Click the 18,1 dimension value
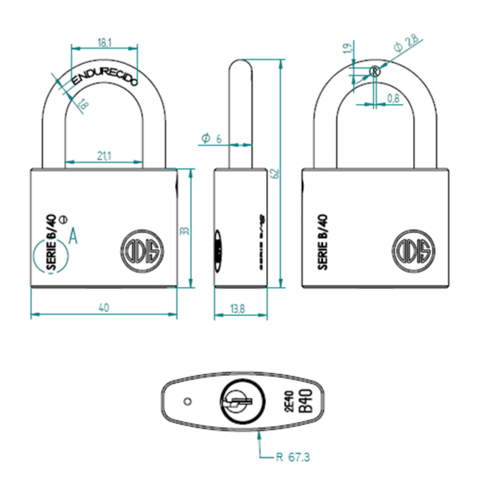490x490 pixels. [x=104, y=42]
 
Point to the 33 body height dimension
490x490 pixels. [x=184, y=230]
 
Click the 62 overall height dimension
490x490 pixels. [x=275, y=174]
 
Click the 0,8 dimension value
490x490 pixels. [x=393, y=98]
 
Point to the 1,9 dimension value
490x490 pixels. [x=347, y=48]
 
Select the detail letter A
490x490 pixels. [x=73, y=235]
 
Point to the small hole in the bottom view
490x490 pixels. [x=188, y=402]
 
